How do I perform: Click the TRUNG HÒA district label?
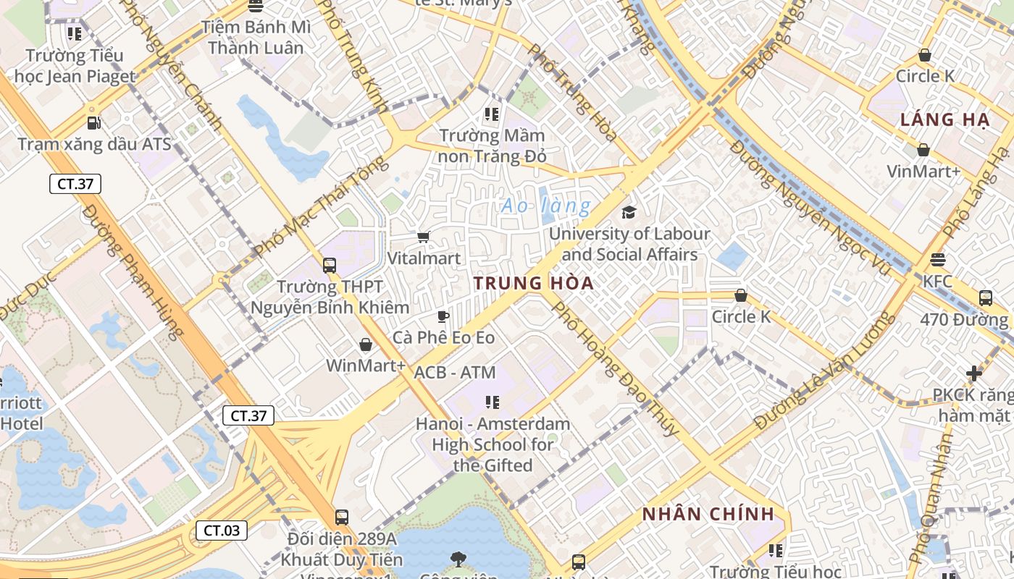[x=534, y=283]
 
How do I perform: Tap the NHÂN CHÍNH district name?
[x=708, y=515]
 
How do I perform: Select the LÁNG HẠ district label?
[x=944, y=120]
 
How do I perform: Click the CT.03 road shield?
[x=221, y=531]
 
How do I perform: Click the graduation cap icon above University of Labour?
[x=629, y=212]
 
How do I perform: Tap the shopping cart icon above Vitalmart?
[x=424, y=237]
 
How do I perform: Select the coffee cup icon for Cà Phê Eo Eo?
[x=443, y=316]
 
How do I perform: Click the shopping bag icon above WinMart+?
[x=366, y=345]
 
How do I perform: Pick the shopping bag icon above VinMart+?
[x=923, y=150]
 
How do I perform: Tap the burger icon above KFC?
[x=938, y=259]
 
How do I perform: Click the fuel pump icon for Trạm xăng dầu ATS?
[x=93, y=123]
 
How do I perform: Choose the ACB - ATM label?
[x=455, y=373]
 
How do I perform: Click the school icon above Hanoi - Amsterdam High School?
[x=493, y=402]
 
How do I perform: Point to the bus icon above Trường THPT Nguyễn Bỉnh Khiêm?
[x=330, y=265]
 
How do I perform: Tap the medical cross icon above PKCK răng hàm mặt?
[x=974, y=373]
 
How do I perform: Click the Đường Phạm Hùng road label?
[x=132, y=271]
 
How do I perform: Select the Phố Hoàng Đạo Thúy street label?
[x=616, y=368]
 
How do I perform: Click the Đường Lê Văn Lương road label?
[x=824, y=371]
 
